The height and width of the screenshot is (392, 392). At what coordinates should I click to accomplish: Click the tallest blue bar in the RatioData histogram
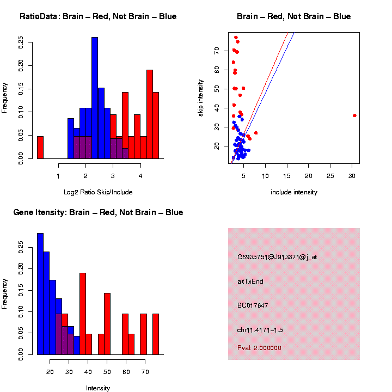click(x=95, y=98)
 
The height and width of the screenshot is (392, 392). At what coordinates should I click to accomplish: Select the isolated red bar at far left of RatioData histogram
click(x=40, y=148)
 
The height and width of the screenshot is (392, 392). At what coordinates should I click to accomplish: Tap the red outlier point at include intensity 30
click(x=354, y=115)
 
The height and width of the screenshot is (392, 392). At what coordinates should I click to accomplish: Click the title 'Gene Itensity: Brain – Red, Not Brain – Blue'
click(x=98, y=212)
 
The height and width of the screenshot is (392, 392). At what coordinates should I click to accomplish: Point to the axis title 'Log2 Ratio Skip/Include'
click(x=98, y=192)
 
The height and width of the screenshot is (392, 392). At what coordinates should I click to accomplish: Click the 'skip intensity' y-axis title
click(x=201, y=97)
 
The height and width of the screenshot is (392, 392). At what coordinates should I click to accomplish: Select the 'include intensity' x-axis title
click(x=294, y=192)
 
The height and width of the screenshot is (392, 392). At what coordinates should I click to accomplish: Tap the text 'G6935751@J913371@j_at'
click(x=277, y=257)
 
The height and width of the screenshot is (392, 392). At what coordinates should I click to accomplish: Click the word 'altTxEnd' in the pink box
click(x=250, y=281)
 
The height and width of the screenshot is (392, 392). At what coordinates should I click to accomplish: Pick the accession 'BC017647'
click(x=253, y=305)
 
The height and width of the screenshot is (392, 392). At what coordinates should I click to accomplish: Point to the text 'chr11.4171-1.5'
click(x=260, y=330)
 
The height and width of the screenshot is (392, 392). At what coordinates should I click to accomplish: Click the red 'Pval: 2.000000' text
click(x=259, y=347)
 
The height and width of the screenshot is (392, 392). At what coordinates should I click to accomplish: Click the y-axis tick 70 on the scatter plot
click(x=216, y=50)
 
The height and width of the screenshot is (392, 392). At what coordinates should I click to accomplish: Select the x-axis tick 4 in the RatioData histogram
click(x=140, y=176)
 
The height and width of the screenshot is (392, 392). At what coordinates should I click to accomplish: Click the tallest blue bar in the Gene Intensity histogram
click(x=40, y=294)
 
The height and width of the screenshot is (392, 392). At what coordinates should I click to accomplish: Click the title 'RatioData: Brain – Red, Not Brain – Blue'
click(x=98, y=16)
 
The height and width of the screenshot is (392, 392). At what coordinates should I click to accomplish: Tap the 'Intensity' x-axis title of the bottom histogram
click(x=98, y=388)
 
